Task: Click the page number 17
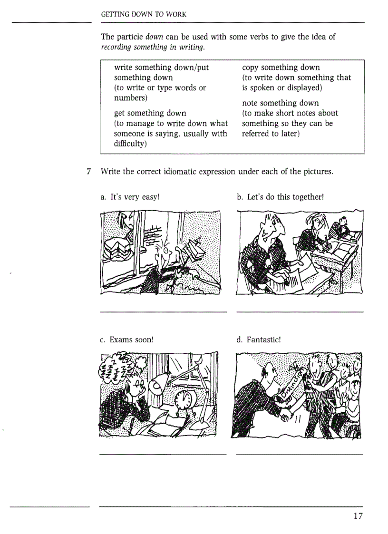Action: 358,516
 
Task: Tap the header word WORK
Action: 177,15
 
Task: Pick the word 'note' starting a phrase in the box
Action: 251,103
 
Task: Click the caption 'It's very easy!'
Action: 129,196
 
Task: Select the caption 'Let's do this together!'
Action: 280,196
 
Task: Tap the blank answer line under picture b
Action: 300,312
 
